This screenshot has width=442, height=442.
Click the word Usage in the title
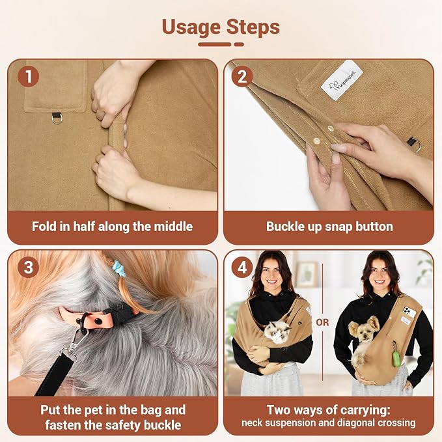(x=191, y=27)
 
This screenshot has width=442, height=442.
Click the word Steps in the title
(x=253, y=27)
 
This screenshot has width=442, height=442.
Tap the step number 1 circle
(x=28, y=76)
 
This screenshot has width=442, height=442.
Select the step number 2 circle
(x=242, y=76)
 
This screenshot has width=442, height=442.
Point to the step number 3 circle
(x=28, y=268)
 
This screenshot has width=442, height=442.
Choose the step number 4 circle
(x=242, y=268)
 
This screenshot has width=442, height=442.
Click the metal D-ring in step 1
(x=57, y=118)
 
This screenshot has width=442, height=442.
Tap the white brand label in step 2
(x=342, y=81)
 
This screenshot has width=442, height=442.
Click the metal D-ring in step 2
(x=415, y=144)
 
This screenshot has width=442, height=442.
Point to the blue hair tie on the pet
(x=117, y=269)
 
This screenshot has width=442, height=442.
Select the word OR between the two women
(x=322, y=322)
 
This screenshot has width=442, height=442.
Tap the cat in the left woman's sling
(x=277, y=332)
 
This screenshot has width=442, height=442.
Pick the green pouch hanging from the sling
(x=396, y=358)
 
